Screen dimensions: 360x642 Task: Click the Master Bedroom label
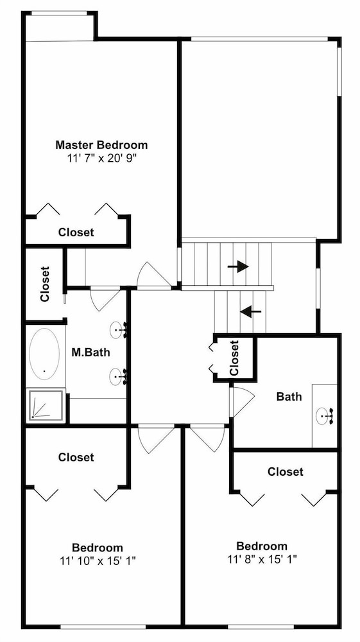[101, 144]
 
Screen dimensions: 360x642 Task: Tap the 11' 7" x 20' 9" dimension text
[101, 159]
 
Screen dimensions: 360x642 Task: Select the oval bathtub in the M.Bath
[44, 354]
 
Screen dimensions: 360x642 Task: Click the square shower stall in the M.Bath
[46, 406]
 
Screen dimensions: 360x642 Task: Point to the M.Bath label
[90, 352]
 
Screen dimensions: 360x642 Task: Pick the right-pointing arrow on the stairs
[238, 266]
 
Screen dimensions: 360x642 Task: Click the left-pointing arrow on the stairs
[250, 311]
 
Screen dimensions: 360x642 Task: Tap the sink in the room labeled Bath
[324, 416]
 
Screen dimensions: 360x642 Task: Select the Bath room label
[289, 396]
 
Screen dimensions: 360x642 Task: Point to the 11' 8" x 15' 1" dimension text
[262, 559]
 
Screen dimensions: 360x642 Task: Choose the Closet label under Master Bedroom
[76, 232]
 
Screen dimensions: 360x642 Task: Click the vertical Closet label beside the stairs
[234, 358]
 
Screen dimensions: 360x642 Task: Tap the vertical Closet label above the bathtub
[44, 284]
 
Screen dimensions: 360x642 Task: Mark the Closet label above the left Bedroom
[76, 457]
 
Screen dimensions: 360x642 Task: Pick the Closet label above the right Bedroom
[286, 472]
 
